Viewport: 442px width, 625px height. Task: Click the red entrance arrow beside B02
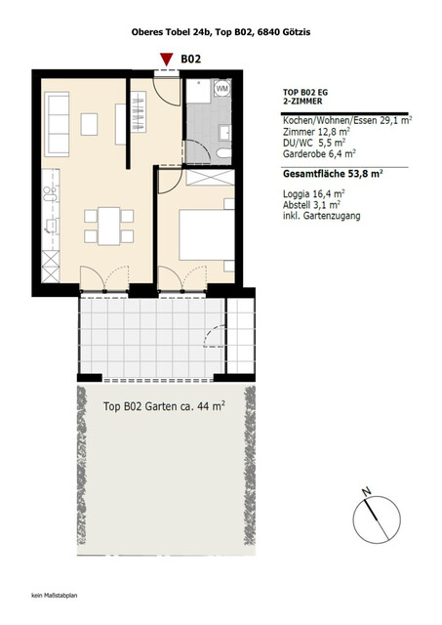click(165, 61)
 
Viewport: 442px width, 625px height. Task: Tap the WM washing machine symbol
click(221, 88)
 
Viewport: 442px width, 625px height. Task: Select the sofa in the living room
click(56, 124)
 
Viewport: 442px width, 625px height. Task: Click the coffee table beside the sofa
click(91, 124)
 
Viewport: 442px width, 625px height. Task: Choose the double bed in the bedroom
click(207, 235)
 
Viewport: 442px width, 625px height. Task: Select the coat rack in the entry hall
click(124, 124)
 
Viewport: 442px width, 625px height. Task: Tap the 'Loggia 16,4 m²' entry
click(313, 193)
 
